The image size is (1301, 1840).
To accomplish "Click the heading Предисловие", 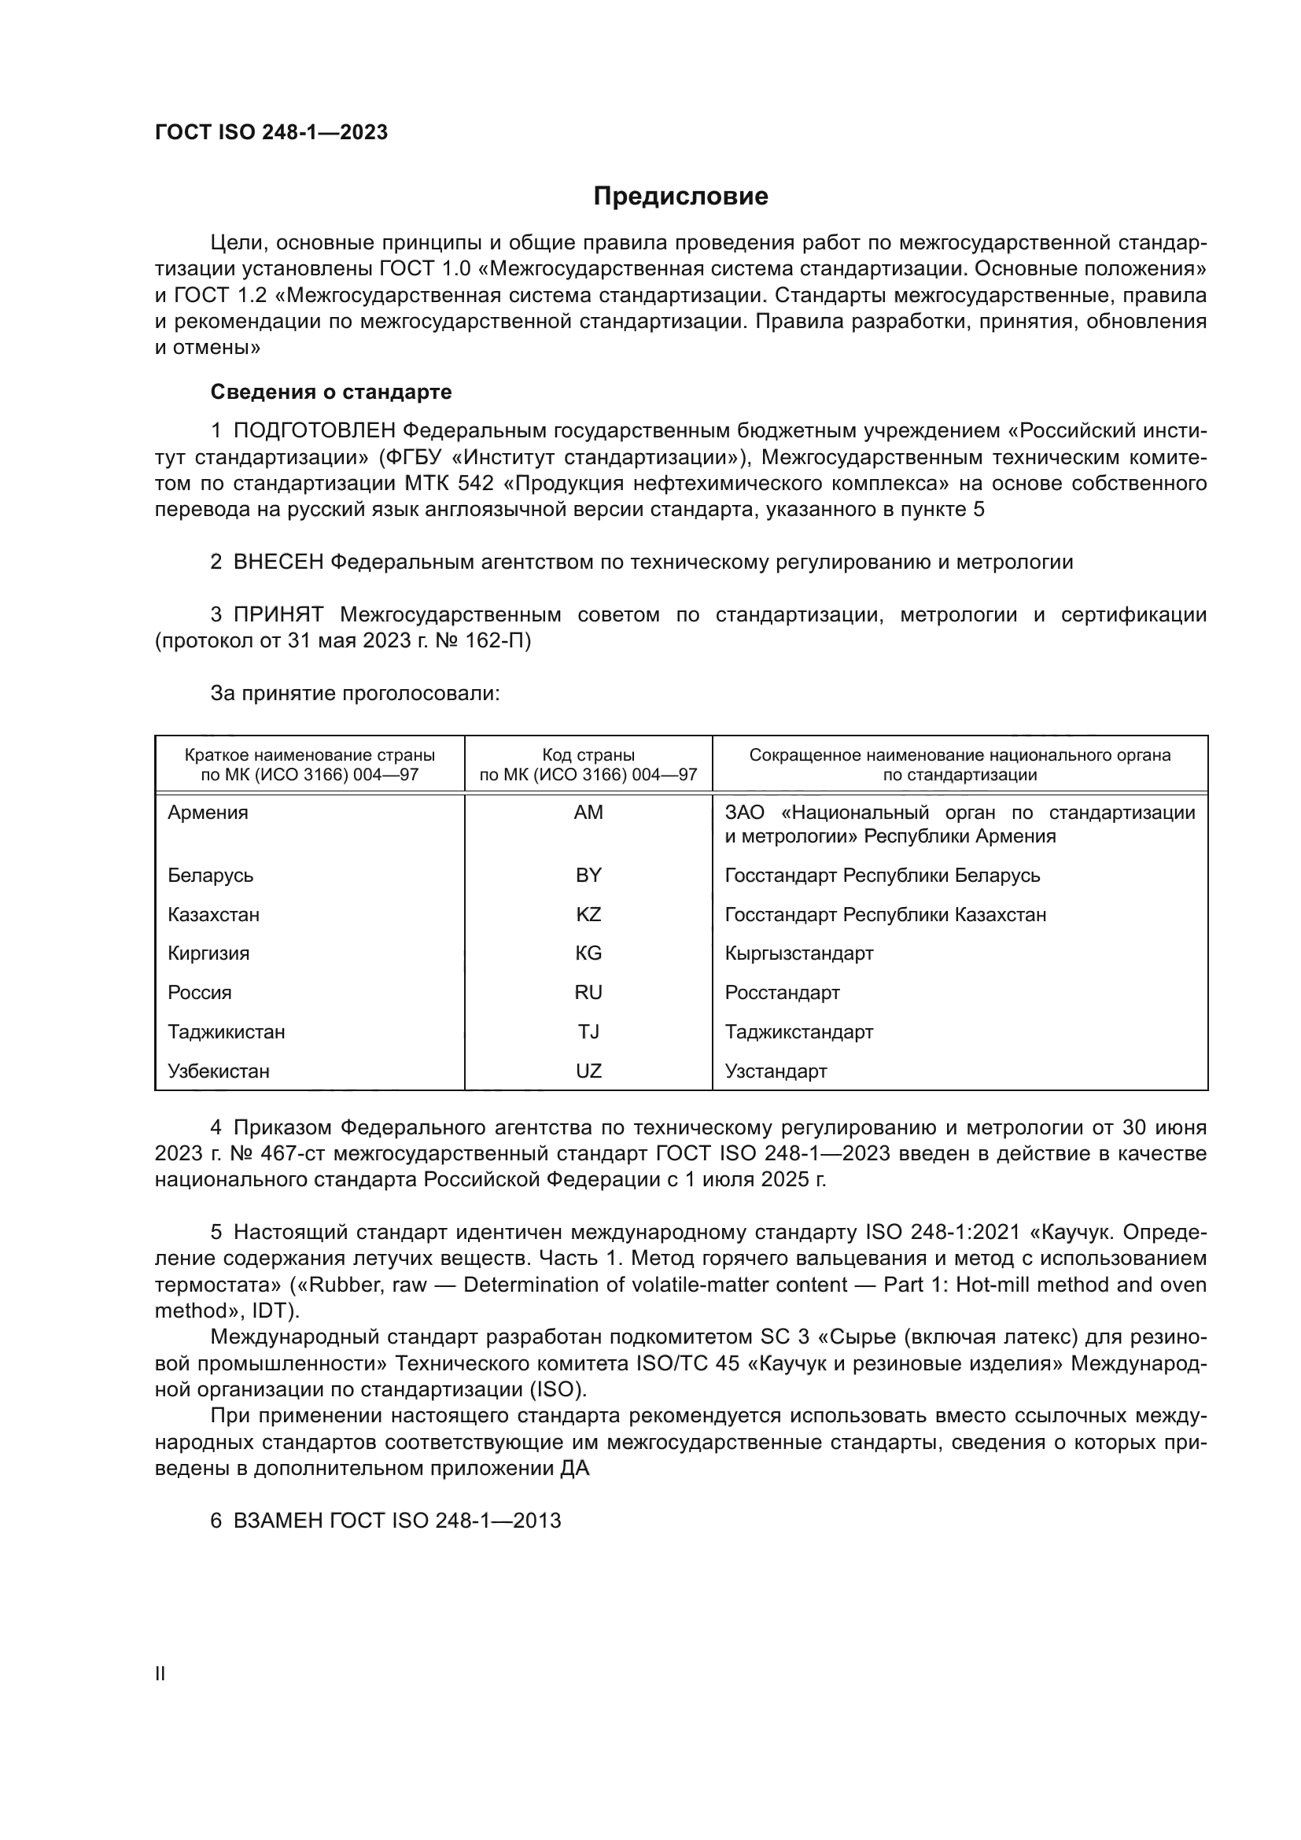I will coord(680,197).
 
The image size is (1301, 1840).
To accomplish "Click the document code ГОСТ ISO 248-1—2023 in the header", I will coord(271,133).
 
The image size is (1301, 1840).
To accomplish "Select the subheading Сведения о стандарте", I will coord(331,392).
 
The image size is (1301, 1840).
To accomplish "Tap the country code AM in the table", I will coord(588,813).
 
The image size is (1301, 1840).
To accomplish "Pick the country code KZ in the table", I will coord(588,914).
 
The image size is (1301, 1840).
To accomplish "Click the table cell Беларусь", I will coord(211,875).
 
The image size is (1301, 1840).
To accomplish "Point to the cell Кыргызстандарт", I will coord(798,953).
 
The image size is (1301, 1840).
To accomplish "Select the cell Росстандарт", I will coord(782,993).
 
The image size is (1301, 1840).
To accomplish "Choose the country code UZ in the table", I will coord(588,1071).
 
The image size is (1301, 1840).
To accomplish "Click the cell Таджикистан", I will coord(226,1032).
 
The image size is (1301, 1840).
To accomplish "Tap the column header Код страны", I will coord(588,755).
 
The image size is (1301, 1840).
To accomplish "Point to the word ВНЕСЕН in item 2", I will coord(278,562).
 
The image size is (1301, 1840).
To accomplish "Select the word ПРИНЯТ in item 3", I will coord(278,615).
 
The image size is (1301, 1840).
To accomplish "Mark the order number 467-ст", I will coord(292,1154).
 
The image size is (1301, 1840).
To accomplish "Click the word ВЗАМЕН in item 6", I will coord(278,1521).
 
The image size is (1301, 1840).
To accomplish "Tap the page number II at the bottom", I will coord(160,1674).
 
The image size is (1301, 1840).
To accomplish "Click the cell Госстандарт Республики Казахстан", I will coord(885,914).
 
